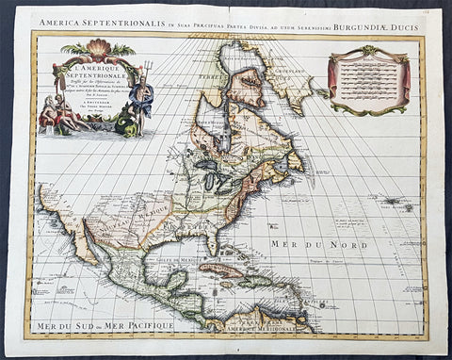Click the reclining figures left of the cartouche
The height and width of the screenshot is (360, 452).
58,113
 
